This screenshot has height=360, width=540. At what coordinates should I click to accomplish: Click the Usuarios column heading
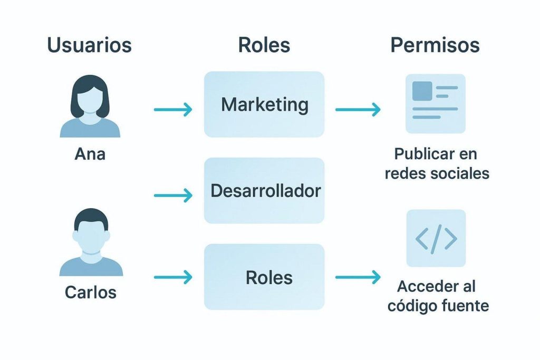90,45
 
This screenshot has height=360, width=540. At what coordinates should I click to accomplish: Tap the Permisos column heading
435,45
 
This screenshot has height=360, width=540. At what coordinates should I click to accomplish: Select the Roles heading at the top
264,45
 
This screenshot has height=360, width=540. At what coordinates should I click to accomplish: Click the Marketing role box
264,104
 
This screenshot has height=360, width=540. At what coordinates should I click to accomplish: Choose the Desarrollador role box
264,190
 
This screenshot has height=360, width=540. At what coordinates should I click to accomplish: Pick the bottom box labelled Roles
264,277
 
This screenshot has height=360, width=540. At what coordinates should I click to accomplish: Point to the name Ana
90,154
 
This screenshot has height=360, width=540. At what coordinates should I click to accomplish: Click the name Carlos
90,292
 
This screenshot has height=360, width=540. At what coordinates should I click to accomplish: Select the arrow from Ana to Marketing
173,110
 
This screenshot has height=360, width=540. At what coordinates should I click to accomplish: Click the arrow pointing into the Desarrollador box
173,196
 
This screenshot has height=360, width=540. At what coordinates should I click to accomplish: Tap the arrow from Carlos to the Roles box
173,277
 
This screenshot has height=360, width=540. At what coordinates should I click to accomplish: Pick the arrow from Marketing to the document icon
358,110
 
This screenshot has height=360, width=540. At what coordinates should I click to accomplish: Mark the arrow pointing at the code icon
358,277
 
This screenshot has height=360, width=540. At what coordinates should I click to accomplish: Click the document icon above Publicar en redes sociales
435,103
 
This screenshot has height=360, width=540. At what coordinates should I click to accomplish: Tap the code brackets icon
436,238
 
